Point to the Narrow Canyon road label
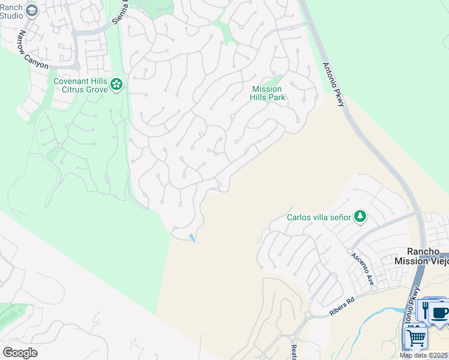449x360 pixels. [32, 50]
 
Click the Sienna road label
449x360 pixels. [120, 12]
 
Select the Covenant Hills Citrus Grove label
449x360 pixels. [80, 85]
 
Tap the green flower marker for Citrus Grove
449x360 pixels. [116, 85]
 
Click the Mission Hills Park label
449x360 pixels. [267, 93]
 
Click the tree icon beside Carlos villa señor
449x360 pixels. [360, 216]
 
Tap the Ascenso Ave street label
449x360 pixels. [363, 268]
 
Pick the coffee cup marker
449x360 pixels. [440, 313]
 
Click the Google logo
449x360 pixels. [20, 353]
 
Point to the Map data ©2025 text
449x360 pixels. [424, 355]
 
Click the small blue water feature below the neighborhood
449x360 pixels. [192, 238]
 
